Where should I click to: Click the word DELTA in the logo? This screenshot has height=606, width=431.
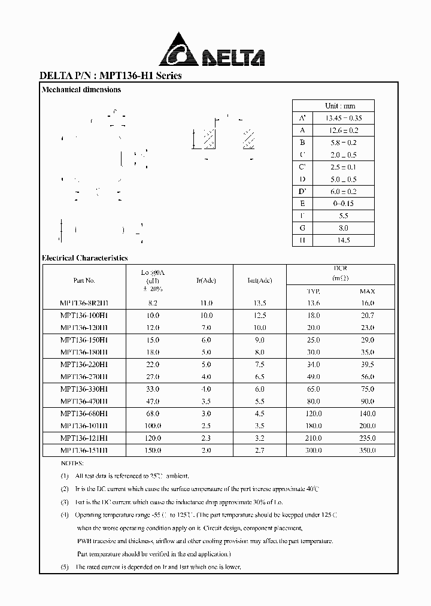pos(232,58)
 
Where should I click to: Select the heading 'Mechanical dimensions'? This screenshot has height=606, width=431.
pos(81,90)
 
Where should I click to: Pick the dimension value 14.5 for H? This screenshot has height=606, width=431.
pos(344,240)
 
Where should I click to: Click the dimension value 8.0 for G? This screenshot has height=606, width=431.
pos(344,228)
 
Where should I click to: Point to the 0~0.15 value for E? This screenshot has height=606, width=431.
pos(344,204)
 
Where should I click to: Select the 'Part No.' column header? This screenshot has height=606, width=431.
pos(84,280)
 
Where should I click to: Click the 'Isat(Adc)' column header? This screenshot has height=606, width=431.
pos(259,280)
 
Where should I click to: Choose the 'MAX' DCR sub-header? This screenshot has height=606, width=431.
pos(367,292)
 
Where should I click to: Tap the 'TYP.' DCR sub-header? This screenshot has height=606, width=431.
pos(313,292)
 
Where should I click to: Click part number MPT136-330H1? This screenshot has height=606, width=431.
pos(84,389)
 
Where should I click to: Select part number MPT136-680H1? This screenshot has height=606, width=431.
pos(84,414)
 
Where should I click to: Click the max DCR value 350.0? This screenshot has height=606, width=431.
pos(367,450)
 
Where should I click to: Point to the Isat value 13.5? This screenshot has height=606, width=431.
pos(259,304)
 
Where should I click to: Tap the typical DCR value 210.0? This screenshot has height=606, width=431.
pos(313,438)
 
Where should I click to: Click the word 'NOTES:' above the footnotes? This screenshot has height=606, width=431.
pos(74,463)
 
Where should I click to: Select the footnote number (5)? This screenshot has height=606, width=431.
pos(65,567)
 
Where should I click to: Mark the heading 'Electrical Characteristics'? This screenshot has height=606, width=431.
pos(84,258)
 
